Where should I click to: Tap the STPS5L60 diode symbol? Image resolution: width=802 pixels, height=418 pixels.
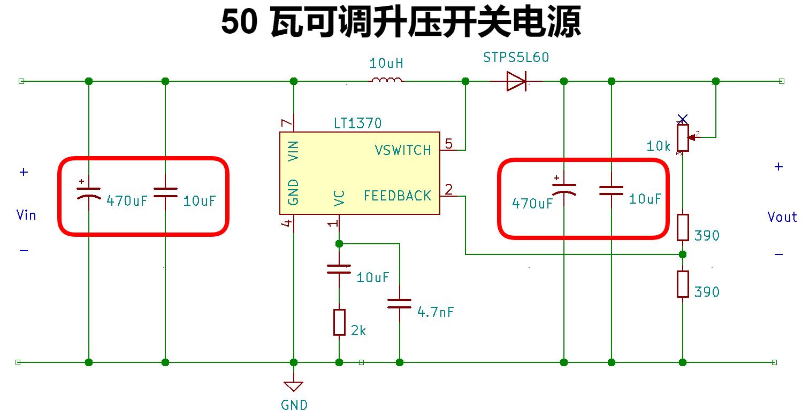point(517,81)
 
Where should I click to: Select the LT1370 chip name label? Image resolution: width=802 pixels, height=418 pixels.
point(357,123)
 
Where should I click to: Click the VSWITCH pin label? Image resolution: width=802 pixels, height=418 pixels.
point(403,150)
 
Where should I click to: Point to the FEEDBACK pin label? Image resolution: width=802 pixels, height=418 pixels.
point(398,196)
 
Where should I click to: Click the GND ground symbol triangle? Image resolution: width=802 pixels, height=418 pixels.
point(294,386)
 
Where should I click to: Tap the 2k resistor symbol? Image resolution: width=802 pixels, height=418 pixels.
point(339,322)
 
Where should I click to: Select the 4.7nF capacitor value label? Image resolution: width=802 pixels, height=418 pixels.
point(436,312)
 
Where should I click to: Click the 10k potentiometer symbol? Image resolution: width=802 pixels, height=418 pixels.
point(682,137)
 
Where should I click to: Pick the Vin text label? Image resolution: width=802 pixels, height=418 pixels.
point(26,215)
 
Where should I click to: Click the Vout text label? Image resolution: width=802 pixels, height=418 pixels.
point(782,217)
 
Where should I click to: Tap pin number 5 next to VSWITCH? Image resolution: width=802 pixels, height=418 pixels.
point(448,143)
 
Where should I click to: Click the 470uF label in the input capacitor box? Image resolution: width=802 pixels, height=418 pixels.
point(127,202)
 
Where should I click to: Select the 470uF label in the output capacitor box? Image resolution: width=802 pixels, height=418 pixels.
point(532,204)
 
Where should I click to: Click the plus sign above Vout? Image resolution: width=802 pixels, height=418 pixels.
point(778,167)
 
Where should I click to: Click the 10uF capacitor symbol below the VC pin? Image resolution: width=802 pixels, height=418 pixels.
point(339,269)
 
